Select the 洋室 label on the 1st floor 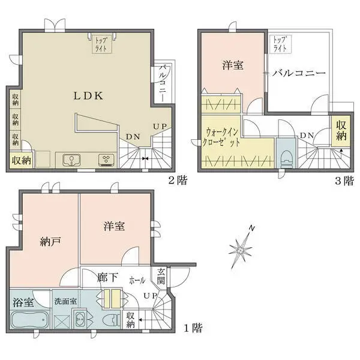tap(114, 226)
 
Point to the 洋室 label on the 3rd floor tap(233, 65)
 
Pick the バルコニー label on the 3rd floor tap(298, 73)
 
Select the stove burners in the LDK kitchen tap(106, 160)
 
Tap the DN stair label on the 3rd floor tap(306, 135)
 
